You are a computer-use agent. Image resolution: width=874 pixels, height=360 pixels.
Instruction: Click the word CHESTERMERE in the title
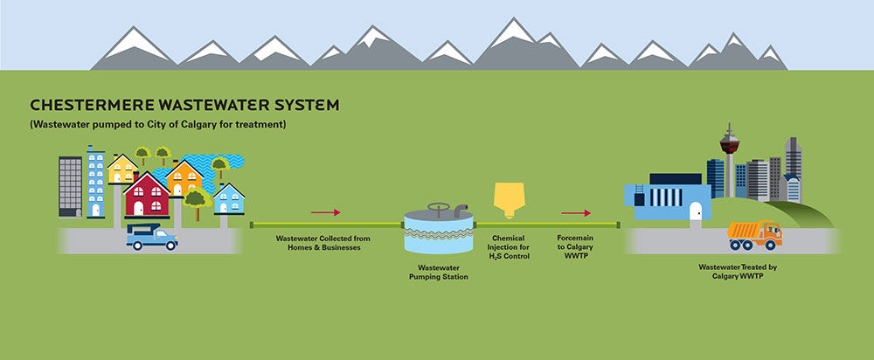click(x=92, y=105)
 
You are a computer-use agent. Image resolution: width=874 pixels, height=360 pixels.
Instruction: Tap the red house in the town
click(x=147, y=195)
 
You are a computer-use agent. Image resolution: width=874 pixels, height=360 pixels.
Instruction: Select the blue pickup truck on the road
click(x=151, y=237)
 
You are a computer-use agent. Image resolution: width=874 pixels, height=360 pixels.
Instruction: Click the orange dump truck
click(x=755, y=235)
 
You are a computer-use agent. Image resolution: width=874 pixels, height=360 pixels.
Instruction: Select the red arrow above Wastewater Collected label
click(x=325, y=212)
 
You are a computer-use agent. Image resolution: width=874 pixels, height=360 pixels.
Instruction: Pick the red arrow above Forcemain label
click(x=576, y=213)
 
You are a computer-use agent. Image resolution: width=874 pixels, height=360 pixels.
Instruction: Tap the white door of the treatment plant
click(x=695, y=211)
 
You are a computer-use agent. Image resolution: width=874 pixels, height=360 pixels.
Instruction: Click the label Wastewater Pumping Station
click(x=439, y=272)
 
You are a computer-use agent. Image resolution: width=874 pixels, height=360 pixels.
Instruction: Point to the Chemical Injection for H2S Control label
click(x=509, y=247)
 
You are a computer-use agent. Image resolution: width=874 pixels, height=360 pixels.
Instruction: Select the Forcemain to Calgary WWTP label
click(x=575, y=247)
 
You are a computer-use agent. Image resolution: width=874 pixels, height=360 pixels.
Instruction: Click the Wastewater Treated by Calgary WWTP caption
click(x=738, y=272)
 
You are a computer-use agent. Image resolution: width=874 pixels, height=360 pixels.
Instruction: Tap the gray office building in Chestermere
click(x=70, y=187)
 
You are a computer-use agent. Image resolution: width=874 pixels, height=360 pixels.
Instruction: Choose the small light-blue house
click(x=228, y=199)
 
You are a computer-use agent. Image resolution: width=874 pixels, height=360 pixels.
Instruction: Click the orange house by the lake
click(x=184, y=178)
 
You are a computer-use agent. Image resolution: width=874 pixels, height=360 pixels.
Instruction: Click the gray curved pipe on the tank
click(x=461, y=210)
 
